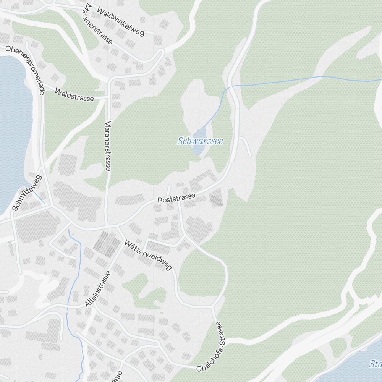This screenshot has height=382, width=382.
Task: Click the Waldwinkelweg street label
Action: click(x=120, y=21)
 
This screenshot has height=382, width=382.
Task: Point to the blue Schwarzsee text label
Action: click(x=200, y=141)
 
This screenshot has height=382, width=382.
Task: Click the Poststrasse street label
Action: click(x=176, y=198)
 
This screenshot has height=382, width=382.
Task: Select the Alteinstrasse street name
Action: click(x=98, y=289)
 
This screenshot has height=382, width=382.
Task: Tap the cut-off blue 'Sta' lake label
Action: click(x=375, y=364)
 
